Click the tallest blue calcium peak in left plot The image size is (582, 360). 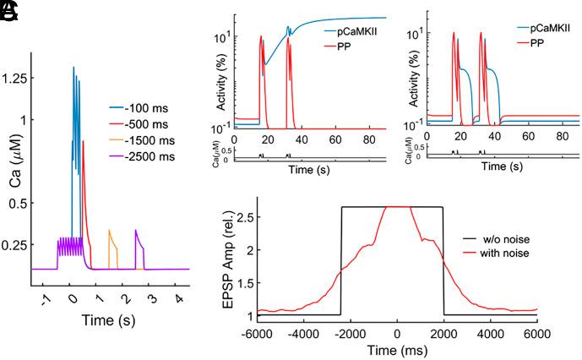click(73, 68)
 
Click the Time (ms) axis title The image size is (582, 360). click(396, 350)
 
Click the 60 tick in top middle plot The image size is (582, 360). click(335, 139)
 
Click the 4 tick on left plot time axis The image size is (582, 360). click(177, 298)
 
